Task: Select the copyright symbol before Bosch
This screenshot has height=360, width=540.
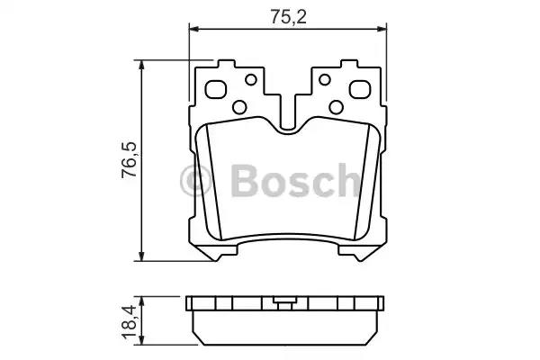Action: pos(198,181)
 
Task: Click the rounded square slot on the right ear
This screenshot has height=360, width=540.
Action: pos(358,90)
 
